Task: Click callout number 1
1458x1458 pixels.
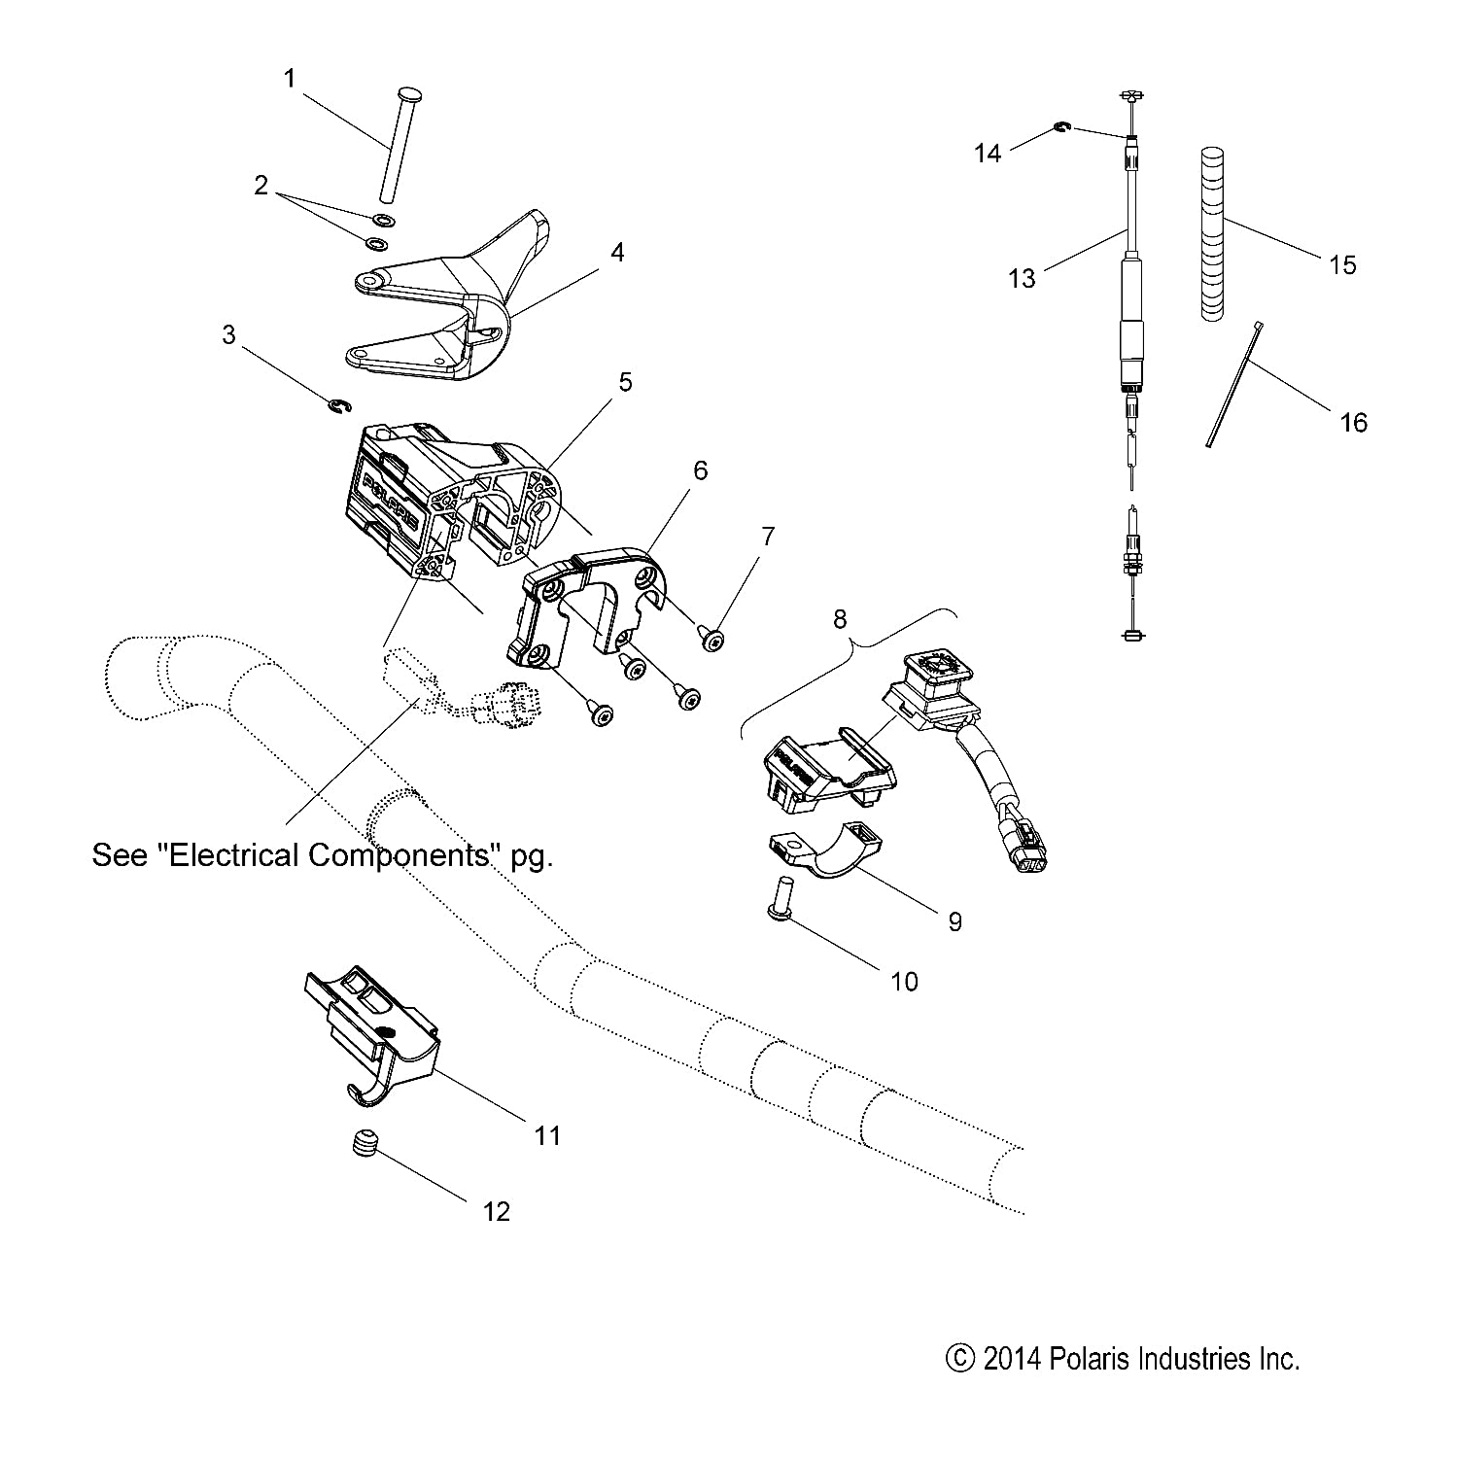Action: [x=289, y=78]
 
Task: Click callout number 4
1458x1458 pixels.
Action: [x=617, y=253]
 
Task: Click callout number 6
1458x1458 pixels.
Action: [x=700, y=470]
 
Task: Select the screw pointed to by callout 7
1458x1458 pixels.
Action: [x=712, y=636]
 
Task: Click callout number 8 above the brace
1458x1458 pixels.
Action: [x=840, y=618]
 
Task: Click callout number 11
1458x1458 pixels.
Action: [x=547, y=1134]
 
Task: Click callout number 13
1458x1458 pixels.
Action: [x=1022, y=279]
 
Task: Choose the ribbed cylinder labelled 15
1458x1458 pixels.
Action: [x=1213, y=233]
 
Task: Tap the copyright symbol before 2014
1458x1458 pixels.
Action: [x=959, y=1358]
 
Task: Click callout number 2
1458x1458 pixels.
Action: [x=260, y=186]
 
